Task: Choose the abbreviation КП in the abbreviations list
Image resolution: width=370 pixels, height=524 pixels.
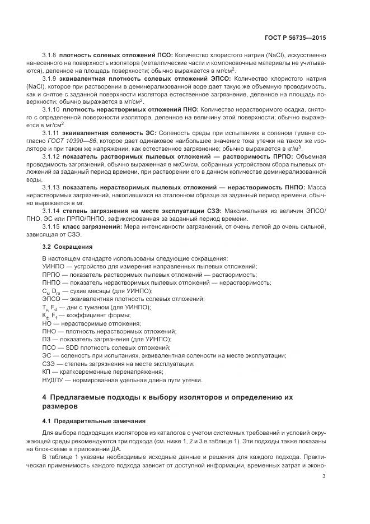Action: point(46,372)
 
